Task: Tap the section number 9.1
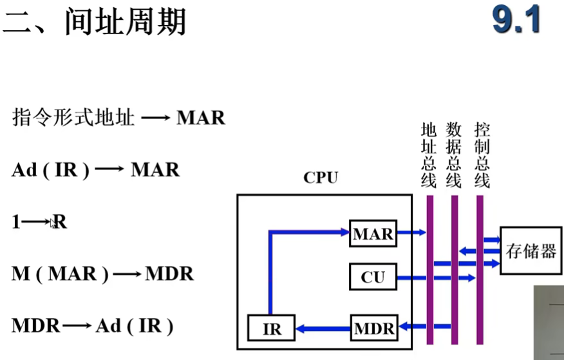coord(515,21)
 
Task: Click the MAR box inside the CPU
coord(373,234)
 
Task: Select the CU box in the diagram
coord(373,278)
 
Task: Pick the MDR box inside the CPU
coord(374,328)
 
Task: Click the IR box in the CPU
coord(272,328)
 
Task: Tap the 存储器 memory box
coord(531,251)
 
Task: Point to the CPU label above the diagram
coord(321,178)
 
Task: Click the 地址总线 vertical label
coord(429,155)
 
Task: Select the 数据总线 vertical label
coord(454,155)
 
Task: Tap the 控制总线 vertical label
coord(481,155)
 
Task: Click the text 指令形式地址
coord(73,118)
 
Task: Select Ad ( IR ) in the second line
coord(50,170)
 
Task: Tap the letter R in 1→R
coord(60,222)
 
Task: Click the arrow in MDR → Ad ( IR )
coord(79,326)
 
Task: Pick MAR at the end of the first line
coord(201,118)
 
